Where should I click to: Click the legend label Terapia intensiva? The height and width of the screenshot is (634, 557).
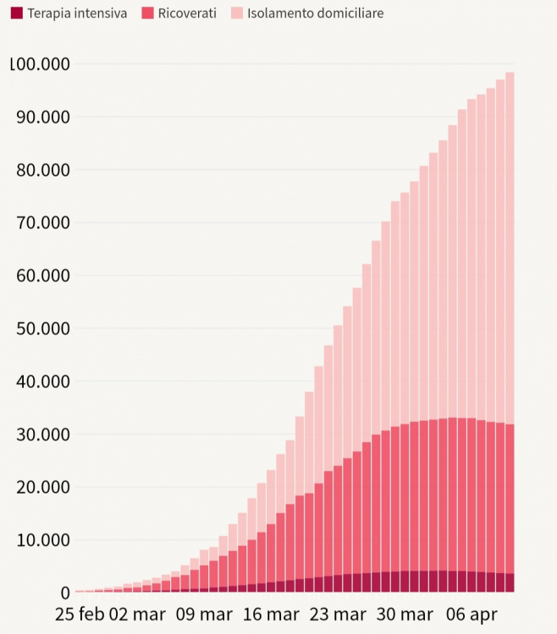click(77, 14)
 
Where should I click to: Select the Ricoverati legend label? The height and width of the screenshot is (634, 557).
click(187, 14)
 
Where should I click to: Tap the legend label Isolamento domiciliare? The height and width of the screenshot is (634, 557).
click(315, 14)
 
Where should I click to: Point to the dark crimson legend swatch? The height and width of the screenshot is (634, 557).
click(17, 14)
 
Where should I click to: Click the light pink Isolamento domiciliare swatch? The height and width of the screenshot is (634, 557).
click(236, 14)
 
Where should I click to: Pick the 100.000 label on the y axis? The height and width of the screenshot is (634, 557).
click(41, 64)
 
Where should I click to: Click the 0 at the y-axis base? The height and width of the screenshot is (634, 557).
click(64, 593)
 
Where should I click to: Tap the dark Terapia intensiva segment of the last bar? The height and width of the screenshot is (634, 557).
click(510, 583)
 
